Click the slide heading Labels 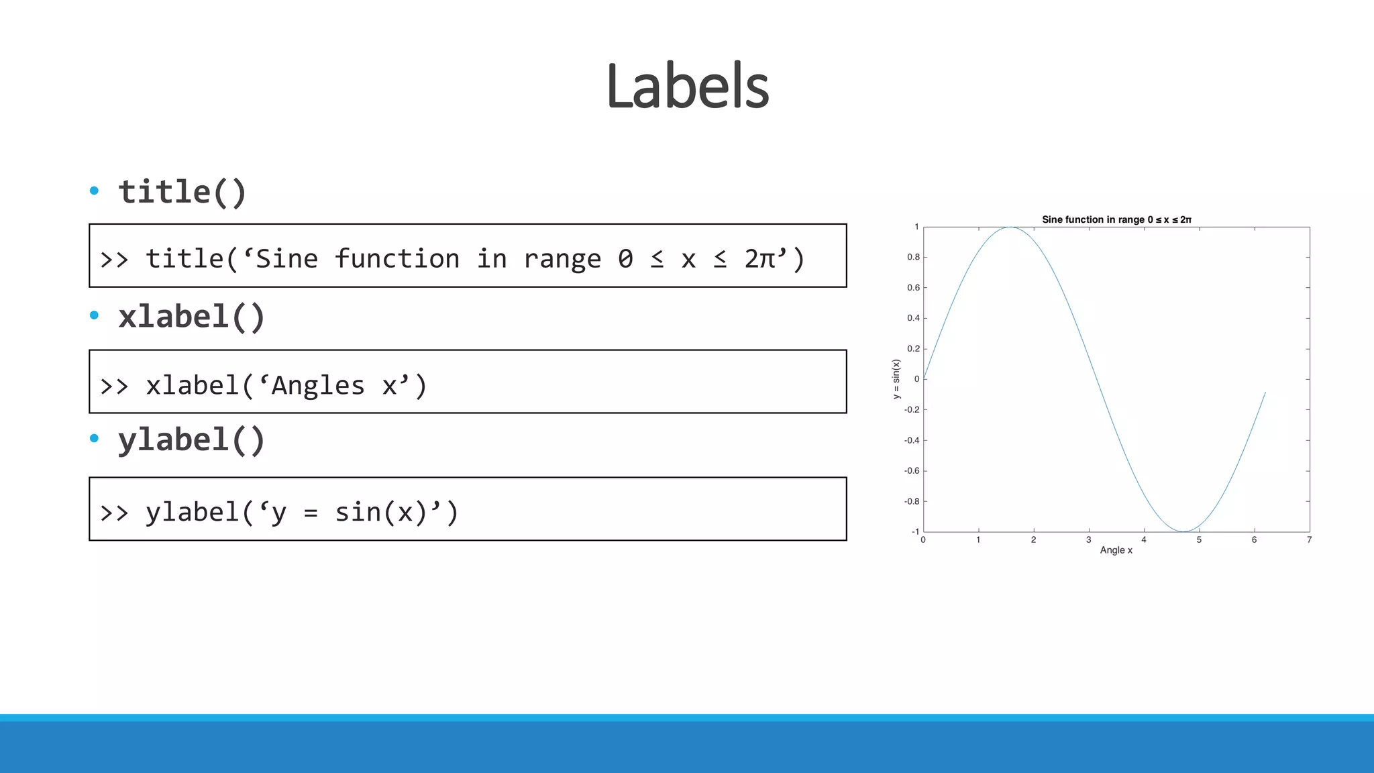687,86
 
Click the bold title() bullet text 182,193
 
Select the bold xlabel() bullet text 191,317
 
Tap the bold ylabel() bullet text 191,441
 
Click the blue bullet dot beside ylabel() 94,439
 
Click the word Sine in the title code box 286,259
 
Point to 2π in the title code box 760,259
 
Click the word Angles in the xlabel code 318,386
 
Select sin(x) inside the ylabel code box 380,513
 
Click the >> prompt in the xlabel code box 114,386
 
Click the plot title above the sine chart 1116,219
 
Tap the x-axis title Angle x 1116,550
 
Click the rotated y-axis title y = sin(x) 896,379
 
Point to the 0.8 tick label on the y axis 913,257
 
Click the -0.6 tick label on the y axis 912,471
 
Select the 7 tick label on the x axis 1309,540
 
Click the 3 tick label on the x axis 1088,540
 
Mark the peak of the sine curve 1010,227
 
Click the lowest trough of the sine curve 1183,531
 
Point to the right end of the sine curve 1265,393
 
